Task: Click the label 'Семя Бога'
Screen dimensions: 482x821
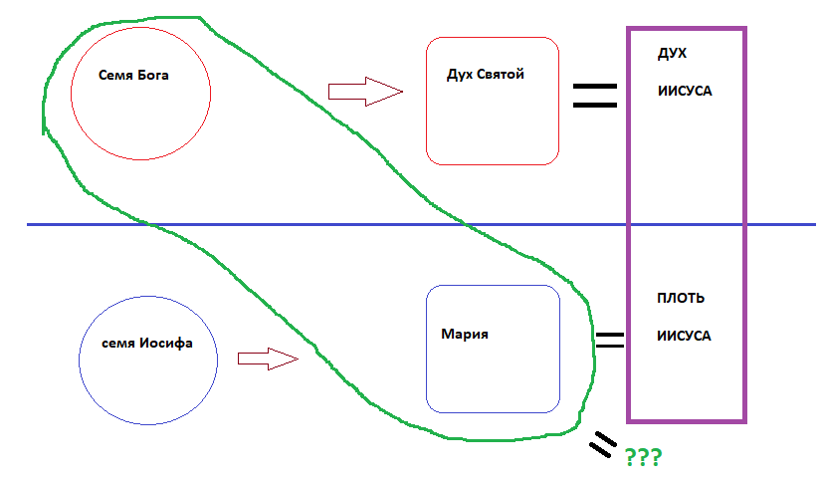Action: pos(134,75)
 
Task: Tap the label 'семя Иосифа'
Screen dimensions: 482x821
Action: pos(147,343)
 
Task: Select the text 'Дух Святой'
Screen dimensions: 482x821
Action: pos(487,74)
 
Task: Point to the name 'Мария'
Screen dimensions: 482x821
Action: pos(465,335)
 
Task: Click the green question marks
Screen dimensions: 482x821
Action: pos(643,458)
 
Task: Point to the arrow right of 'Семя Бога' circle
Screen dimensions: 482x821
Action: pos(364,93)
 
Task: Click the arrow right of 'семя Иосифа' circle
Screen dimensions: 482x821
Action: pos(268,359)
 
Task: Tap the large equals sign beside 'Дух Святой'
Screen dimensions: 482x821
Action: pos(594,95)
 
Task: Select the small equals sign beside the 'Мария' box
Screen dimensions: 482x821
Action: pos(609,339)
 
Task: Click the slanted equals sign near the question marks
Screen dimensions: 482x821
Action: pos(601,445)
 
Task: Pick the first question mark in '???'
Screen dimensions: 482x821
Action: pos(631,458)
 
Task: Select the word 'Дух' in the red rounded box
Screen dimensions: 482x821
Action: pos(462,74)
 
